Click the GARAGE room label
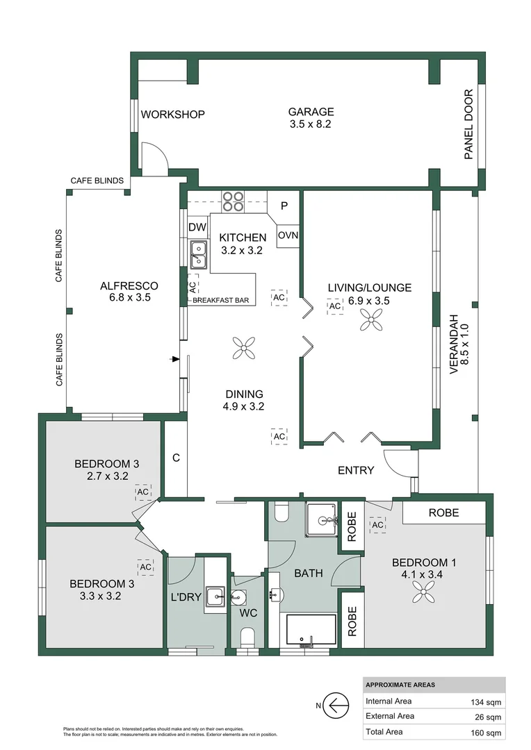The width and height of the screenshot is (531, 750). (x=311, y=112)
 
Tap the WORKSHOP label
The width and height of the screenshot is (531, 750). (x=172, y=115)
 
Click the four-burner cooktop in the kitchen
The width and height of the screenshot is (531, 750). (x=234, y=201)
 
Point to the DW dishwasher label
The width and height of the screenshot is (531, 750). (x=197, y=227)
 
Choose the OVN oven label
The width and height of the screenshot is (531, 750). (x=288, y=235)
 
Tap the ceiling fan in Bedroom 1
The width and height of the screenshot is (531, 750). (x=423, y=592)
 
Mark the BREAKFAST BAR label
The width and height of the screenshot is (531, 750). (x=222, y=300)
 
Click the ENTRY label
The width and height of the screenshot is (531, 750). (x=356, y=470)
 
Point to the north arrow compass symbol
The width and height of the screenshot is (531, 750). (x=337, y=706)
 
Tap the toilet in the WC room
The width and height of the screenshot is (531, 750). (x=247, y=636)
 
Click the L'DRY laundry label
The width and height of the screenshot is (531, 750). (x=185, y=597)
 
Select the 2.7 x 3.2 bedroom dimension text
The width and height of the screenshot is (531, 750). (x=103, y=476)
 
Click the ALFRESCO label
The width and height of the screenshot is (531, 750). (x=129, y=285)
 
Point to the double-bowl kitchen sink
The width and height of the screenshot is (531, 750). (x=197, y=254)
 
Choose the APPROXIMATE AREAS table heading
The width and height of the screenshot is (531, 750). (x=400, y=685)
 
